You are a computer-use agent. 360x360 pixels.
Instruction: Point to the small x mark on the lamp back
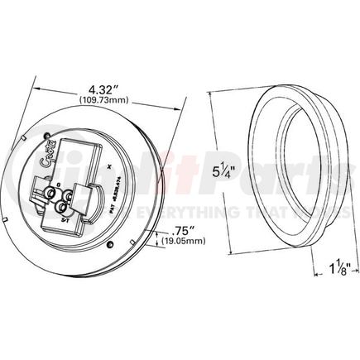click(x=110, y=169)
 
